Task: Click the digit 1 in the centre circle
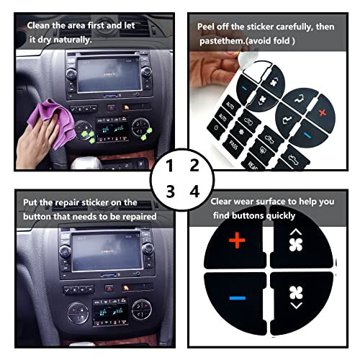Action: tap(170, 166)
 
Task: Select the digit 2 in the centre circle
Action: tap(193, 166)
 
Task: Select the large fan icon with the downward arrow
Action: tap(295, 297)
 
